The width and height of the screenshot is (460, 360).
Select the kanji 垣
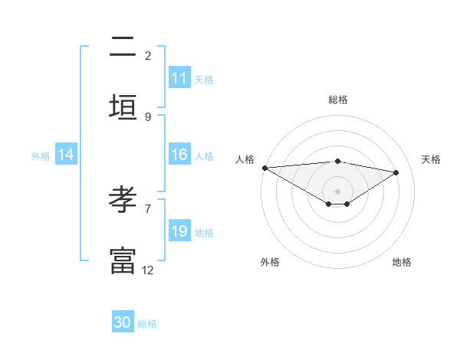point(123,107)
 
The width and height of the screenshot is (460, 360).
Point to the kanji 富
point(123,260)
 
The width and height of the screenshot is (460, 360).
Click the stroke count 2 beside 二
point(148,55)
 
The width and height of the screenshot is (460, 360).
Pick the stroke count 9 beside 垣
point(148,116)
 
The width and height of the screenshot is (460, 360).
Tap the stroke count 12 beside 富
point(148,270)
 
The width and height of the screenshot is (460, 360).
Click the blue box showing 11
point(179,78)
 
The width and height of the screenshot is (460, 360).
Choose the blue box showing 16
point(179,155)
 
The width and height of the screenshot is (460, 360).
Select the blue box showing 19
point(179,231)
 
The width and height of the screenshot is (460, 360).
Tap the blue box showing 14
point(66,155)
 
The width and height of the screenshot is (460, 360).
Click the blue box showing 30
point(123,323)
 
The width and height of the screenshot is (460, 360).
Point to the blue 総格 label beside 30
point(147,324)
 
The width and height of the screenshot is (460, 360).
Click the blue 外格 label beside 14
point(41,155)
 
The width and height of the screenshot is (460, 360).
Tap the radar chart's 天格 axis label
point(431,159)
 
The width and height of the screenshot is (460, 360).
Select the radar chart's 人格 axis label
point(245,159)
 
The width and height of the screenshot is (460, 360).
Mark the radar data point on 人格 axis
point(264,168)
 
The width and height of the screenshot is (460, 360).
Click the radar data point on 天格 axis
point(396,172)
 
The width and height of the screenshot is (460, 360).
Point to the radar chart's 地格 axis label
point(402,262)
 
